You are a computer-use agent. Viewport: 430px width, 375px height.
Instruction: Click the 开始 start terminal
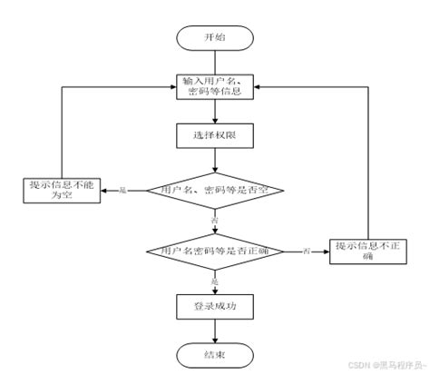click(215, 37)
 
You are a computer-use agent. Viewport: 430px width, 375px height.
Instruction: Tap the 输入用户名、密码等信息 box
click(215, 89)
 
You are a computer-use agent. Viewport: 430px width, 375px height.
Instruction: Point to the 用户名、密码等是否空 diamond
click(215, 190)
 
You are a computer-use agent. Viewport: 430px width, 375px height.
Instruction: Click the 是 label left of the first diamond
click(123, 191)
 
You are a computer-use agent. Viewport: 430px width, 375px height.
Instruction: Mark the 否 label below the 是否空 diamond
click(215, 219)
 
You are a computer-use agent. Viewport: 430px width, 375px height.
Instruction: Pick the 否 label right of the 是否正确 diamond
click(307, 250)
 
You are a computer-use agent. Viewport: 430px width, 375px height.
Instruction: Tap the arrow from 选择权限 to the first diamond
click(215, 161)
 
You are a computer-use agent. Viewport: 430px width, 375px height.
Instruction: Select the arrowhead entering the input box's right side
click(259, 89)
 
